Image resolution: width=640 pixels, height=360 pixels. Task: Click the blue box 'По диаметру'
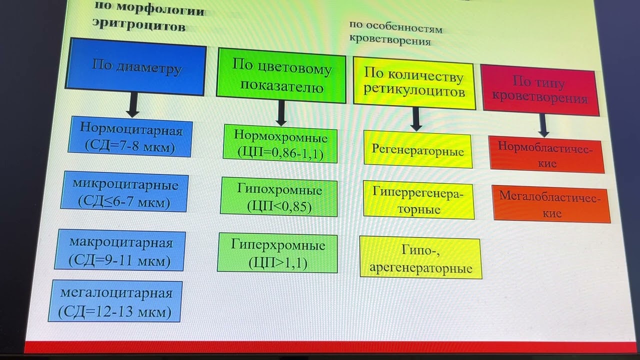[135, 67]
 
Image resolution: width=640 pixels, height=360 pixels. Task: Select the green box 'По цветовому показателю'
[281, 75]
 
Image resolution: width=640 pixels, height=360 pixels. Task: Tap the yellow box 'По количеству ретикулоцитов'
[414, 82]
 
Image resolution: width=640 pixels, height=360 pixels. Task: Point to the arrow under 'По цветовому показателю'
[281, 112]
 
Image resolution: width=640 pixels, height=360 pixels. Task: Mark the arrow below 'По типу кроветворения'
[543, 125]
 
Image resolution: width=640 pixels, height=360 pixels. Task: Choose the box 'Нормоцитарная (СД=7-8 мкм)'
[131, 136]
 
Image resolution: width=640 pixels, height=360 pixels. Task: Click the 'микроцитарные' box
[124, 192]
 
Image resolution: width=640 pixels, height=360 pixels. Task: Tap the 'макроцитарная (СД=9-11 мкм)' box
[120, 250]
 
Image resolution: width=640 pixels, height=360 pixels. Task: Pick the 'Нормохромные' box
[280, 144]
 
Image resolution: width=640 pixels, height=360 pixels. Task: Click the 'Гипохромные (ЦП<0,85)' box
[279, 198]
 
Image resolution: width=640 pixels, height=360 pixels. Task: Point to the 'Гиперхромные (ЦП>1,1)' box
[277, 253]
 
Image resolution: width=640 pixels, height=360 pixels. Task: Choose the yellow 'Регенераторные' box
[417, 149]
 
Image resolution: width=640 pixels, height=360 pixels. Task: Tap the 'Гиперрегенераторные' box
[419, 201]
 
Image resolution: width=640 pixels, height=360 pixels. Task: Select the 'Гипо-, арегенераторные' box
[420, 257]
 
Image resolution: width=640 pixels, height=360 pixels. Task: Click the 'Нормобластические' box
[547, 155]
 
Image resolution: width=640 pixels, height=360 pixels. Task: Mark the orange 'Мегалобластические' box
[551, 204]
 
